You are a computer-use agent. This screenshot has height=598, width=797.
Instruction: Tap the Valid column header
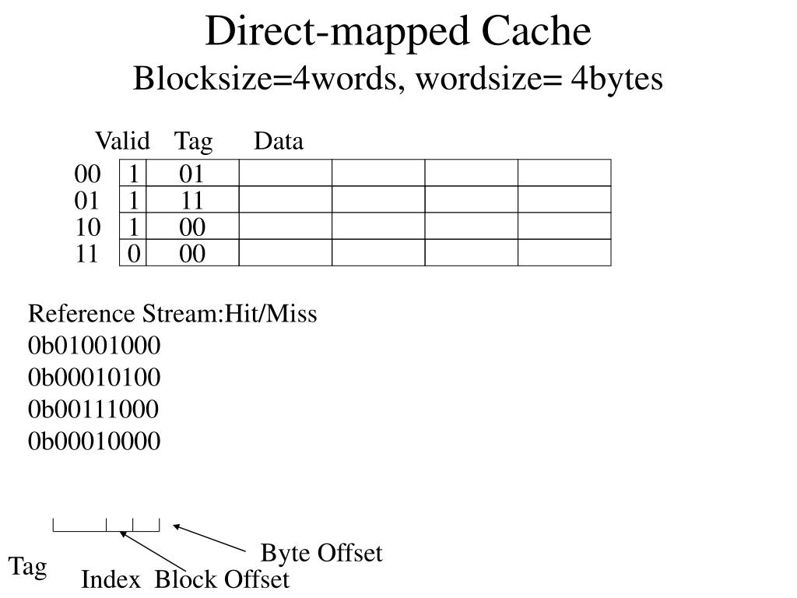click(122, 142)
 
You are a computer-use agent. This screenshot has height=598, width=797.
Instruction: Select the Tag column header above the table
click(193, 142)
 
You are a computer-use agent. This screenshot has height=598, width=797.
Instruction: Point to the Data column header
click(278, 142)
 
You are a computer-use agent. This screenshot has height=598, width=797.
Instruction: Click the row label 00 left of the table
click(87, 174)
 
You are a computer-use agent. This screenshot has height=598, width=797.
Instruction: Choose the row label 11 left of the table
click(87, 254)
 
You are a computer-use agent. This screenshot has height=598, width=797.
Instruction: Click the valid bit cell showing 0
click(133, 254)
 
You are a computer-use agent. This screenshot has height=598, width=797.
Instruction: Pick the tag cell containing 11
click(192, 201)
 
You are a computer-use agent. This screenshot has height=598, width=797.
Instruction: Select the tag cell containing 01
click(192, 174)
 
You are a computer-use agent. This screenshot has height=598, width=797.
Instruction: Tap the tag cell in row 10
click(192, 227)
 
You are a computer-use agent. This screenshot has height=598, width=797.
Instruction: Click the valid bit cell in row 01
click(133, 201)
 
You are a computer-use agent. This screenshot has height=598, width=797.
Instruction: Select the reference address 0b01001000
click(94, 346)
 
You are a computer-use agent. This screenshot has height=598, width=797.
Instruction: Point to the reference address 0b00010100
click(94, 378)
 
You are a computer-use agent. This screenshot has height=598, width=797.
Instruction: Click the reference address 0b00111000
click(94, 410)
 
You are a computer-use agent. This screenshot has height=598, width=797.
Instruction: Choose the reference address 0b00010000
click(94, 441)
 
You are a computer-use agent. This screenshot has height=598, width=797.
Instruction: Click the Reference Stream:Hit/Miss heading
click(173, 315)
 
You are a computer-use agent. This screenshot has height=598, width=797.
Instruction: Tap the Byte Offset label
click(321, 554)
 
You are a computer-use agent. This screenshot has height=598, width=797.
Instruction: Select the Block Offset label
click(222, 580)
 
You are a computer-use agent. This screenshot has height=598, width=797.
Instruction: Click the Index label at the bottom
click(111, 580)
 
